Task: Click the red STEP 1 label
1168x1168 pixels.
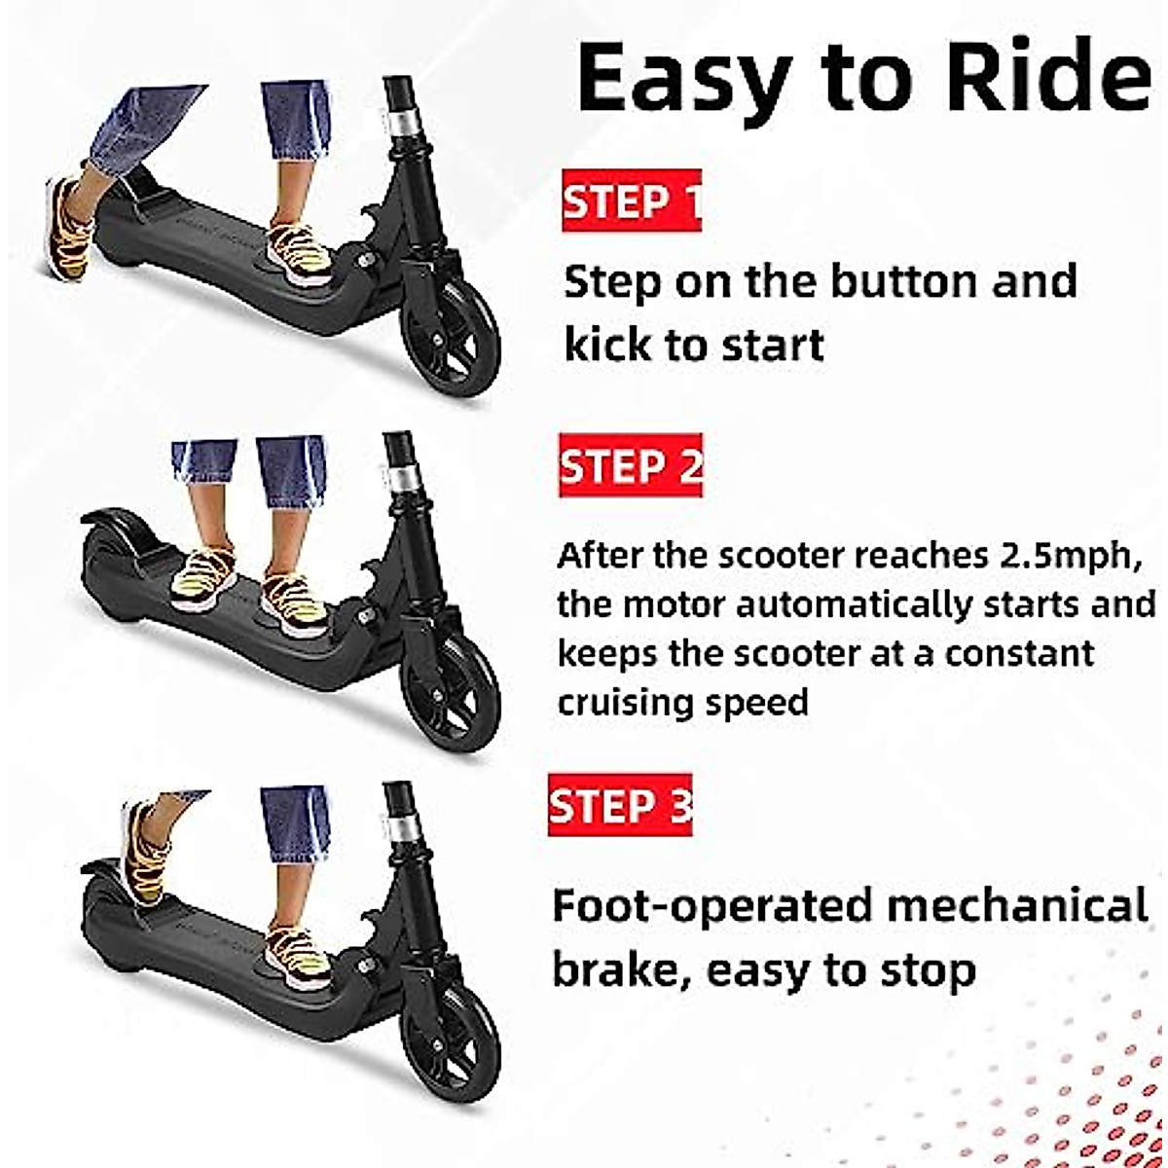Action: click(x=631, y=201)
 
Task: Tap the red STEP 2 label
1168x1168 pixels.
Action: click(x=630, y=468)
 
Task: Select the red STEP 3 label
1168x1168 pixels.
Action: click(x=620, y=805)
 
